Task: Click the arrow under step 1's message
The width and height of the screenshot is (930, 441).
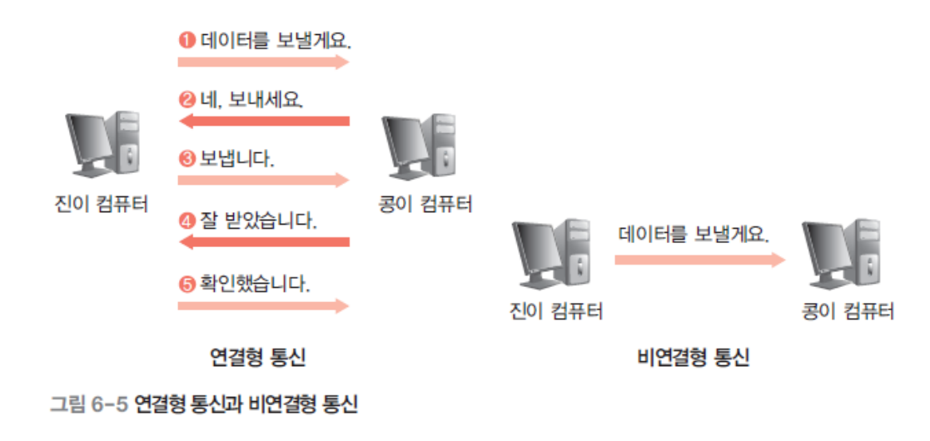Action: (x=263, y=62)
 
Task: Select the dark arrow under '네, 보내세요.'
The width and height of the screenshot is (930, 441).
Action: (x=263, y=121)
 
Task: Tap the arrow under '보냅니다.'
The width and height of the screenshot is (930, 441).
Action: (x=263, y=180)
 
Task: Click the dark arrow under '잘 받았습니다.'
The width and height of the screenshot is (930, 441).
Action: (x=263, y=242)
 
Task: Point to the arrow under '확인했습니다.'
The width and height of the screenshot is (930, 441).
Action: (x=263, y=305)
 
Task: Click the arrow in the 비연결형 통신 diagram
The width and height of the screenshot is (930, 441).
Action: (x=699, y=260)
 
